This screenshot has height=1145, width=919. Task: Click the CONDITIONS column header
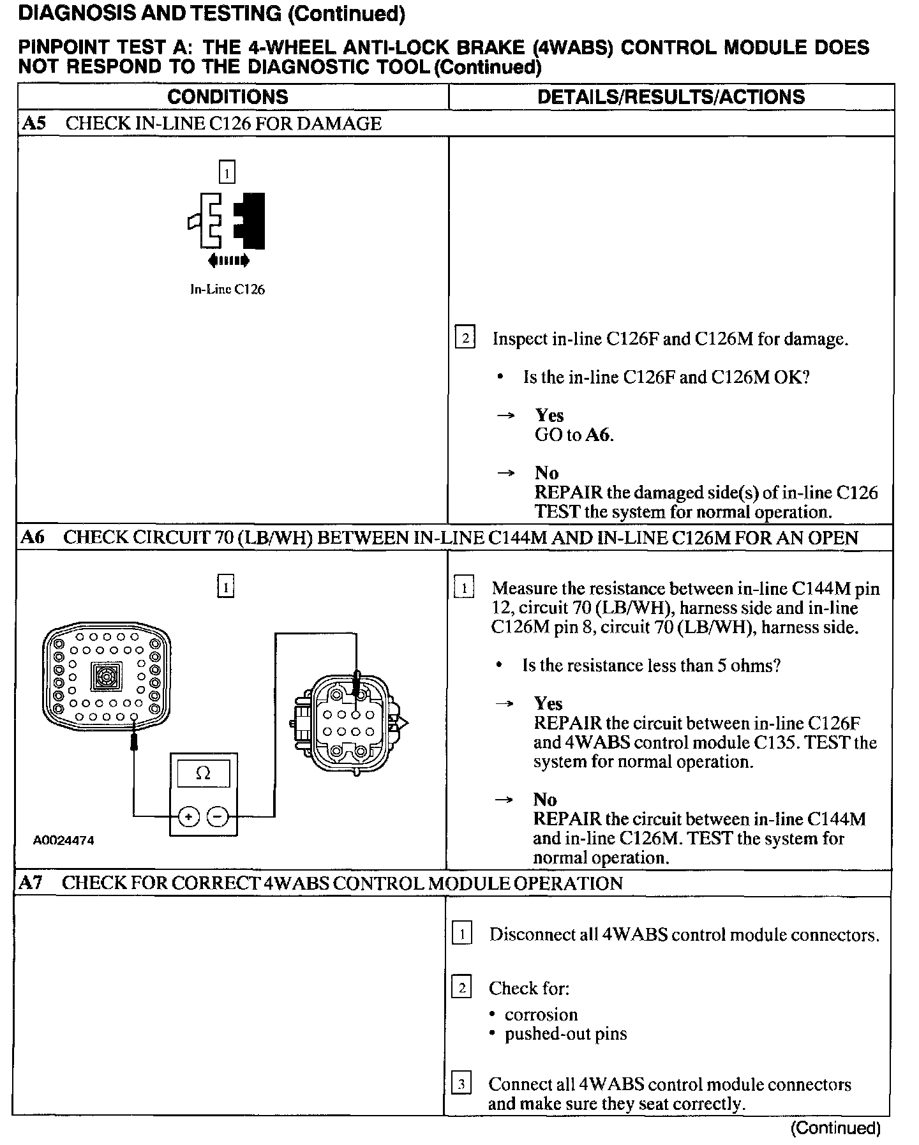pyautogui.click(x=228, y=97)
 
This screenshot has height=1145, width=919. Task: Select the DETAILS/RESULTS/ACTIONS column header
pyautogui.click(x=671, y=97)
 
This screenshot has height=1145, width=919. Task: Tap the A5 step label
pyautogui.click(x=33, y=123)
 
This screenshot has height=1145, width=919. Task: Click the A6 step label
pyautogui.click(x=32, y=537)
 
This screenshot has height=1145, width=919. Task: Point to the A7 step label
pyautogui.click(x=31, y=883)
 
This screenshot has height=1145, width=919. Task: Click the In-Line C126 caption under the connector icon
pyautogui.click(x=227, y=289)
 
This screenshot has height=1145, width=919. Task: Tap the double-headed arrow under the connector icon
pyautogui.click(x=228, y=260)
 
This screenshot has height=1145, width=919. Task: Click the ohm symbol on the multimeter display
pyautogui.click(x=203, y=773)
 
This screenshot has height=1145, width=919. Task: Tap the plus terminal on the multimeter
pyautogui.click(x=188, y=816)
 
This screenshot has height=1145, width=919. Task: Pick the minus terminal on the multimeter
pyautogui.click(x=218, y=816)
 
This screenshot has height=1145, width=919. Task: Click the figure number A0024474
pyautogui.click(x=63, y=841)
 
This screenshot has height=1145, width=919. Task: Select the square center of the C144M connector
pyautogui.click(x=106, y=677)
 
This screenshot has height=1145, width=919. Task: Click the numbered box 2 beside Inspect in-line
pyautogui.click(x=465, y=338)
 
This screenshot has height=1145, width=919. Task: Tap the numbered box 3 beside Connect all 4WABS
pyautogui.click(x=461, y=1084)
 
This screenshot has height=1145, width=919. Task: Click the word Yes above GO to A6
pyautogui.click(x=549, y=415)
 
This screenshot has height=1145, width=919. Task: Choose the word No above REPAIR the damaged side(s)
pyautogui.click(x=546, y=473)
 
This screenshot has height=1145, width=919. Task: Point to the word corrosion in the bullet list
pyautogui.click(x=541, y=1014)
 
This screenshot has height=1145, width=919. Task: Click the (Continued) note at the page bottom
pyautogui.click(x=835, y=1128)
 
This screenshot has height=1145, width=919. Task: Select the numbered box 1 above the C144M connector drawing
pyautogui.click(x=226, y=587)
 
